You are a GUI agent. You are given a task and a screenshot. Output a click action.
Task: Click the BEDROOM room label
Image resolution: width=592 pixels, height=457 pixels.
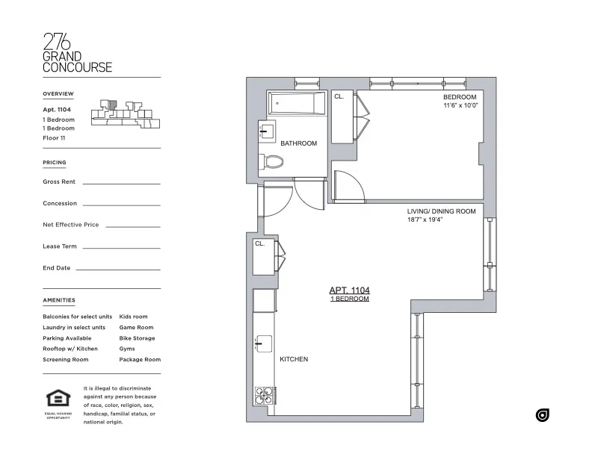pyautogui.click(x=459, y=97)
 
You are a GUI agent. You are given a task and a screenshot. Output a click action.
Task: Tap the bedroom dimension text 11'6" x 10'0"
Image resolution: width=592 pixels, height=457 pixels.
pyautogui.click(x=459, y=106)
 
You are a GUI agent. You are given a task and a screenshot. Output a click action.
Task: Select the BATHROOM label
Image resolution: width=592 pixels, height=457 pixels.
pyautogui.click(x=299, y=143)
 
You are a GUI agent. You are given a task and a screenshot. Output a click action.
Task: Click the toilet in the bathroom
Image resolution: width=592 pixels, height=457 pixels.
pyautogui.click(x=271, y=161)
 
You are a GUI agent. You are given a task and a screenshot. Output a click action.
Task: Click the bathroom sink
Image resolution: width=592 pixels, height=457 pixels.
pyautogui.click(x=265, y=132)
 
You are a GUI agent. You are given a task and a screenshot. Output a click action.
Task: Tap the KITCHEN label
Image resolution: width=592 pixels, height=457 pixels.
pyautogui.click(x=294, y=359)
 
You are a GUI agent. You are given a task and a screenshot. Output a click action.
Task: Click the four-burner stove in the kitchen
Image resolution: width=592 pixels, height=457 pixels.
pyautogui.click(x=264, y=394)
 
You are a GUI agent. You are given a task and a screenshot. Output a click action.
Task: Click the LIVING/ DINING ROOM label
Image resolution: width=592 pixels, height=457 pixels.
pyautogui.click(x=441, y=211)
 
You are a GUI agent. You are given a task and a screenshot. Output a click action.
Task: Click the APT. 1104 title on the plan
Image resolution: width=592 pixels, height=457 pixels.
pyautogui.click(x=350, y=290)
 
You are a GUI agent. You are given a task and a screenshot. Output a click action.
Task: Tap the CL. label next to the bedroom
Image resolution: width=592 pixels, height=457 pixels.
pyautogui.click(x=339, y=97)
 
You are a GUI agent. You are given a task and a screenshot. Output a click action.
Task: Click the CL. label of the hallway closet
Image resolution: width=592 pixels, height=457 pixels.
pyautogui.click(x=260, y=243)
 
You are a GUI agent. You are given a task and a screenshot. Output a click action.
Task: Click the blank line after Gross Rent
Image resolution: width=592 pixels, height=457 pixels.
pyautogui.click(x=121, y=182)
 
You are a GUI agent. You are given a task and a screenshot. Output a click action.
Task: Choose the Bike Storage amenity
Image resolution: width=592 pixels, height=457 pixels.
pyautogui.click(x=137, y=338)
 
